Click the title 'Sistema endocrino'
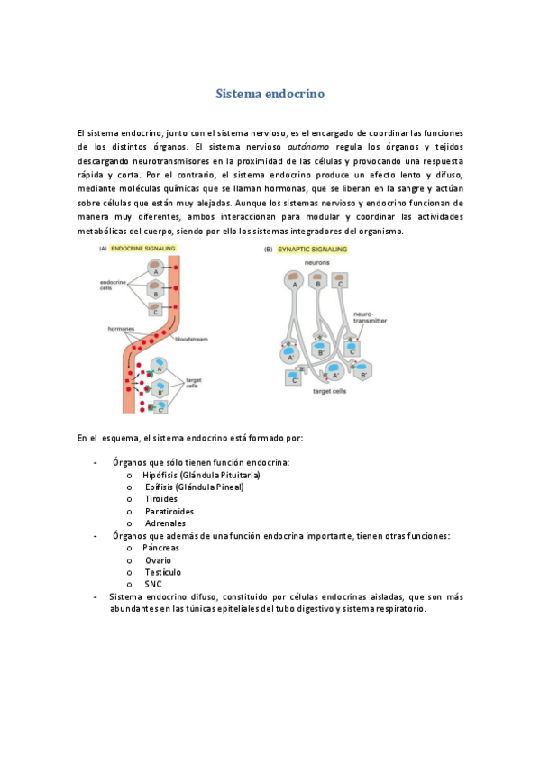(270, 94)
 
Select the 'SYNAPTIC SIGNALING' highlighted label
(310, 250)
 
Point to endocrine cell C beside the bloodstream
(156, 310)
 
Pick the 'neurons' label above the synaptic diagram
(316, 261)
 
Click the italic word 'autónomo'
(309, 145)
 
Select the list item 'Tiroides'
(161, 498)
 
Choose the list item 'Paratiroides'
(169, 511)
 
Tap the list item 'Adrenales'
(165, 523)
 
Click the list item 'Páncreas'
(161, 548)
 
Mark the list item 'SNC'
(153, 584)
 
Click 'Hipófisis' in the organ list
(160, 474)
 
